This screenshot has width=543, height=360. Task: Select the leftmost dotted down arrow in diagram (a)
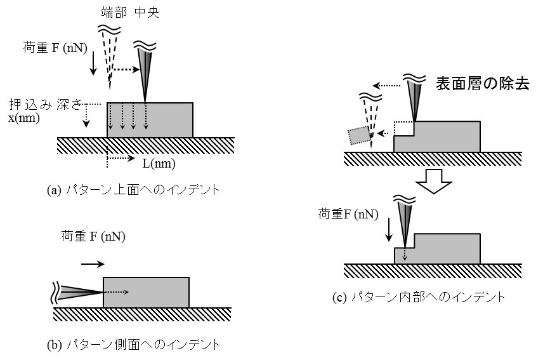tap(110, 118)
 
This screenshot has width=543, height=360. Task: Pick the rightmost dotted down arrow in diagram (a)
tap(145, 118)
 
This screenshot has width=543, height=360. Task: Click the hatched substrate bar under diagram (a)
tap(145, 145)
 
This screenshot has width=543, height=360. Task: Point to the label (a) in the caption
tap(54, 190)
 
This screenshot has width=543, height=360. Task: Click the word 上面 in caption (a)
tap(128, 190)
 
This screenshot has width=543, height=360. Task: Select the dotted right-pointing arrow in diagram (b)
tap(116, 292)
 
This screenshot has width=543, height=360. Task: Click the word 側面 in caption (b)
tap(129, 345)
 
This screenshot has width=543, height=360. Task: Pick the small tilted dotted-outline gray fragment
tap(359, 135)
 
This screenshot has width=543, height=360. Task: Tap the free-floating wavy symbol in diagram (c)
tap(370, 97)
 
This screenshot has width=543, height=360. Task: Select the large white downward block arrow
tap(433, 180)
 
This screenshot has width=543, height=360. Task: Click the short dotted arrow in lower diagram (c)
tap(405, 254)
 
